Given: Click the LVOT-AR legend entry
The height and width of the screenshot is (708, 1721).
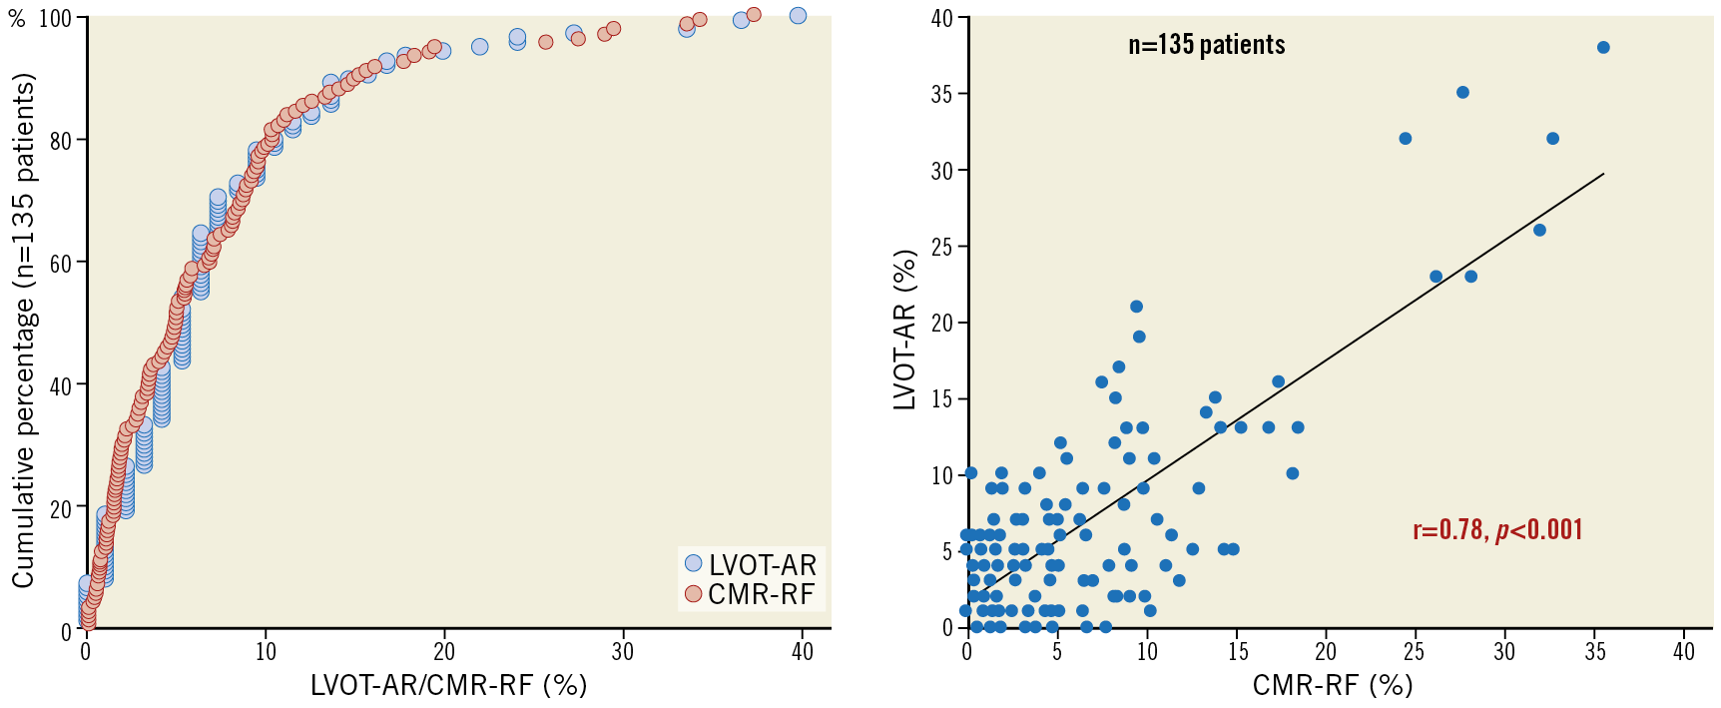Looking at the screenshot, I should tap(751, 564).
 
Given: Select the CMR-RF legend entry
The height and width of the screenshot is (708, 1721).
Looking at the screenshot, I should tap(751, 594).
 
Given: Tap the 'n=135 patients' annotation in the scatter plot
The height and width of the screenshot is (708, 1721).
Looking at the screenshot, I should tap(1206, 45).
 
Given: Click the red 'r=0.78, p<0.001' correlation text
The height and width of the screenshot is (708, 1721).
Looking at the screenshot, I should tap(1497, 529).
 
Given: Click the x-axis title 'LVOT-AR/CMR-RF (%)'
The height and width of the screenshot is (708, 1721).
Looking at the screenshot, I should tap(448, 684).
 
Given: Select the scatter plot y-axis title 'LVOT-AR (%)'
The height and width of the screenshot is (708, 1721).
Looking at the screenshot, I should tap(904, 330).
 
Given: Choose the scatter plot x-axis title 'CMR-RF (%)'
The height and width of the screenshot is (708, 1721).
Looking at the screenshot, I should tap(1332, 684).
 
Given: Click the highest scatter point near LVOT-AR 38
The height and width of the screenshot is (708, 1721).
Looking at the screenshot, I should tap(1603, 48).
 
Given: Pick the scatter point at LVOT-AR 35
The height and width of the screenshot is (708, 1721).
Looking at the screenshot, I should tap(1462, 92).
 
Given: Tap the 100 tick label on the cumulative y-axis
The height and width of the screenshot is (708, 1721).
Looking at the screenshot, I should tap(55, 19).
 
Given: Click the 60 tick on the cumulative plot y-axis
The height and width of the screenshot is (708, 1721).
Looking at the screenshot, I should tap(61, 264).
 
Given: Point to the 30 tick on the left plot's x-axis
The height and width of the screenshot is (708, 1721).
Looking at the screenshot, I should tap(622, 652).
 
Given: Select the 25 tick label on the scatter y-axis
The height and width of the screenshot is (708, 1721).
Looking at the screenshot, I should tap(942, 247).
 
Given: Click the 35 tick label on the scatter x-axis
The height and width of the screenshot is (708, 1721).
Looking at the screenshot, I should tap(1594, 652).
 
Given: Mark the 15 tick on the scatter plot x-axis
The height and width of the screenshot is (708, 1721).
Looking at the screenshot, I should tap(1238, 652).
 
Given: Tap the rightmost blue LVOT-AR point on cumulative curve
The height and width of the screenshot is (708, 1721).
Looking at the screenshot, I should tap(798, 16).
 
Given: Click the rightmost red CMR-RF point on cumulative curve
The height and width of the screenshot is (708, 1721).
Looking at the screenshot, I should tap(754, 15).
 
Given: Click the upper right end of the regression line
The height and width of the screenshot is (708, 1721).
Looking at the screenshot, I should tap(1603, 174).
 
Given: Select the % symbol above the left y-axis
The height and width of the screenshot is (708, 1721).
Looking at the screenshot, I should tap(17, 19).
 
